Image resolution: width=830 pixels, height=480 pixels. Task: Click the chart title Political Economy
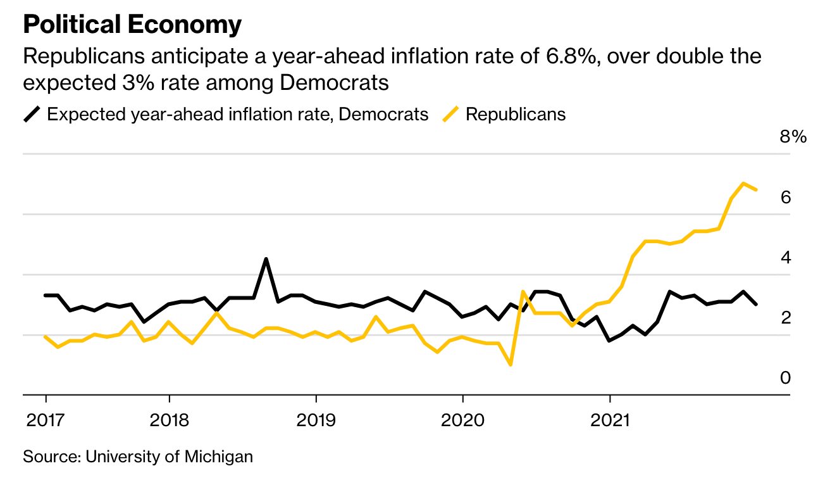(132, 25)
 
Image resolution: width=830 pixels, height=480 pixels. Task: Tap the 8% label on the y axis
(793, 137)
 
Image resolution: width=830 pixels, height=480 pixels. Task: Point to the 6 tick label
(786, 198)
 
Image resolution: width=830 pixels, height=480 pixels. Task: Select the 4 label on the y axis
(786, 258)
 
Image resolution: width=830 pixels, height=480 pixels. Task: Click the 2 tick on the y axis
(786, 318)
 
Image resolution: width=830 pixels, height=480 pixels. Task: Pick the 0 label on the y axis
(786, 378)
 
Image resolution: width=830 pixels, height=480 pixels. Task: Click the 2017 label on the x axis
(45, 420)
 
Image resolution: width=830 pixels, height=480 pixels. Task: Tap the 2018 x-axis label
(169, 420)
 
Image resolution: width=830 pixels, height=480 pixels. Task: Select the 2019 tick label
(316, 420)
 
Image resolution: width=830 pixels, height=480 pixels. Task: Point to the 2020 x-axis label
(462, 420)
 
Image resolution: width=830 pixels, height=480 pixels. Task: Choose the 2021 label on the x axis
(609, 420)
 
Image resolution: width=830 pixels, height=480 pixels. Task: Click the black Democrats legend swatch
(32, 115)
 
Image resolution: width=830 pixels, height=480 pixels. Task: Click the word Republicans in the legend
(516, 115)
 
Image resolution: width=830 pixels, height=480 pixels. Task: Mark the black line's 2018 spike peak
(266, 258)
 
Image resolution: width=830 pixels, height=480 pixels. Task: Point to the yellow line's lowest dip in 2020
(511, 365)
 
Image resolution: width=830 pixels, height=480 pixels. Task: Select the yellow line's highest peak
(743, 183)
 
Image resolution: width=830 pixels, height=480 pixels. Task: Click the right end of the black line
(757, 305)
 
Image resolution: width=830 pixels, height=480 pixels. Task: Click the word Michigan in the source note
(218, 457)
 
